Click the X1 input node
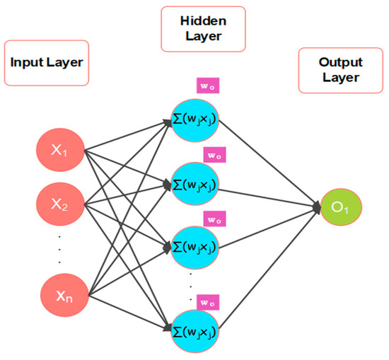tap(60, 149)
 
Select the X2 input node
tap(60, 204)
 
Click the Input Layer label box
tap(47, 62)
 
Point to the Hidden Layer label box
tap(203, 29)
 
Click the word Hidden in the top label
tap(203, 21)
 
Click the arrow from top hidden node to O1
tap(269, 162)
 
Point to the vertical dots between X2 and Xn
tap(60, 249)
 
